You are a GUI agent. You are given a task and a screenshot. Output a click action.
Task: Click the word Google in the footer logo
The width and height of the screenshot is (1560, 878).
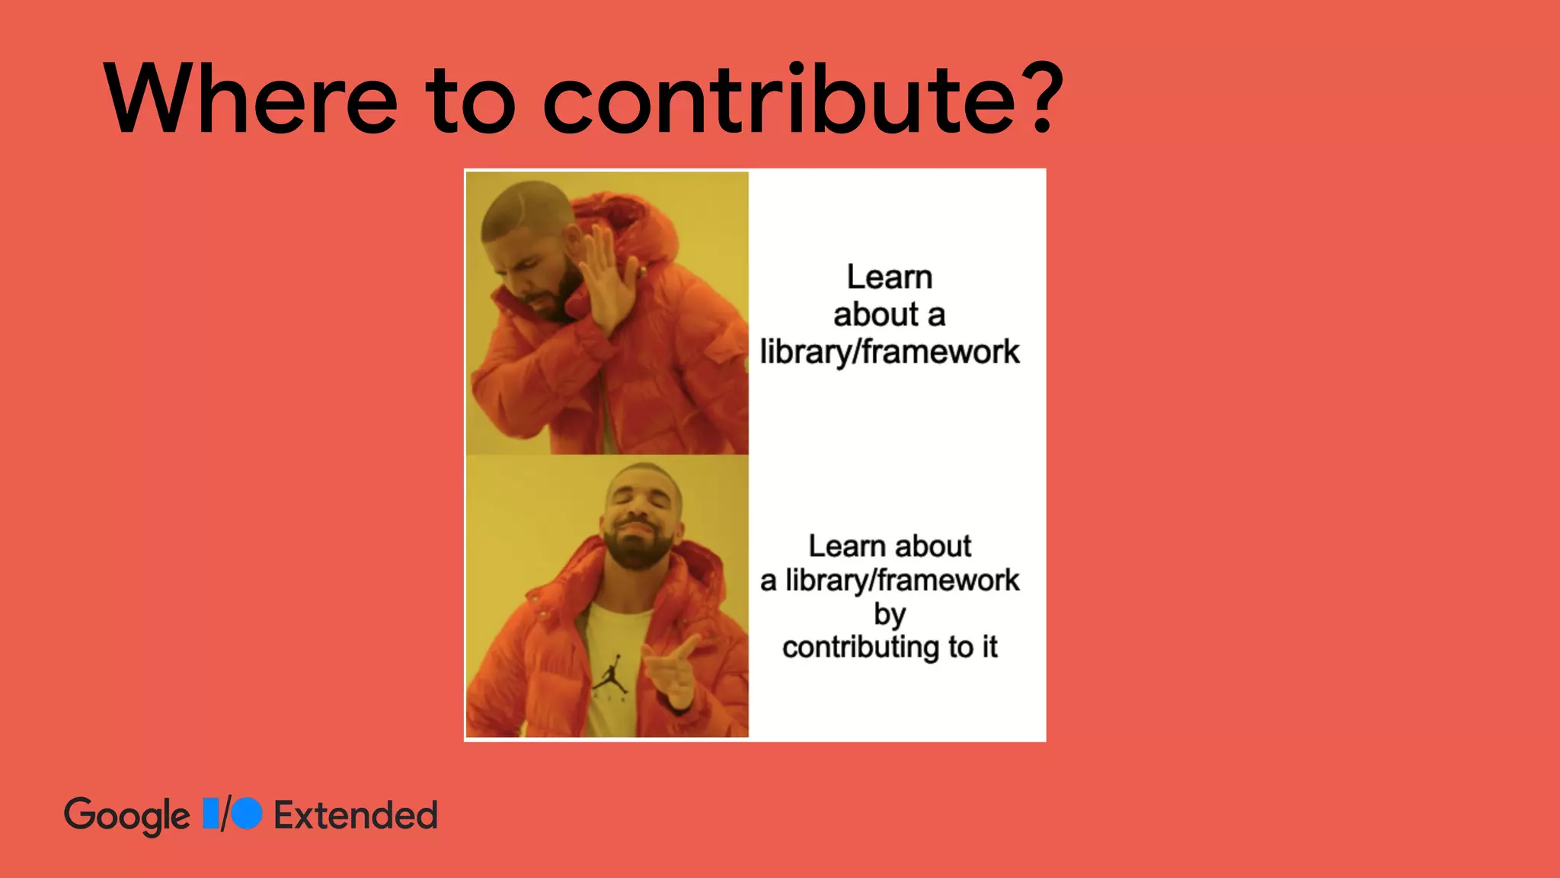tap(126, 816)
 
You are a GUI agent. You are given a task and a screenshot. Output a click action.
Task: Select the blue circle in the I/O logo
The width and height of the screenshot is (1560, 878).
tap(247, 813)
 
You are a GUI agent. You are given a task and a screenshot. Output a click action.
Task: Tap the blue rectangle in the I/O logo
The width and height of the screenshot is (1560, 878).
tap(211, 813)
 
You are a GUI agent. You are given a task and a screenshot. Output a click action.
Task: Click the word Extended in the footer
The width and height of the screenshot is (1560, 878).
tap(355, 815)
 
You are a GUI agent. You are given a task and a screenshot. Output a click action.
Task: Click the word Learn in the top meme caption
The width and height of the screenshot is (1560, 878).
tap(889, 277)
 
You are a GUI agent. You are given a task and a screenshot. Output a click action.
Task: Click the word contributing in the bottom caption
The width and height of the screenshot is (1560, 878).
tap(861, 648)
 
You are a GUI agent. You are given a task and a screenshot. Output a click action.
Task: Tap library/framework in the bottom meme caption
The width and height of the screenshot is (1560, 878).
tap(902, 581)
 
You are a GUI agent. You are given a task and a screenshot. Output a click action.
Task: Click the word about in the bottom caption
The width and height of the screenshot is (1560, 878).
tap(933, 546)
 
